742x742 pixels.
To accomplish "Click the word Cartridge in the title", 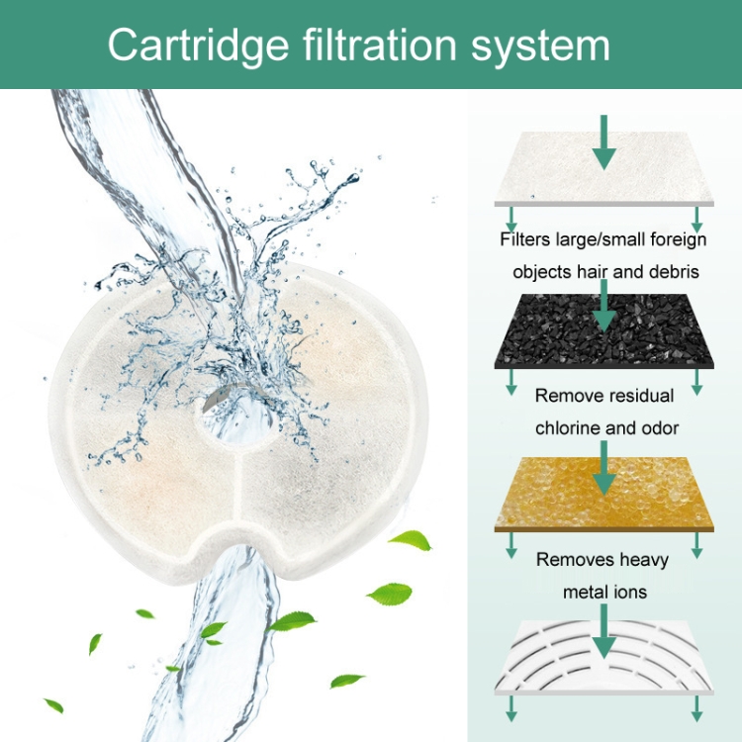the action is point(198,46).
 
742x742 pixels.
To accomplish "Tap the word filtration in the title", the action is point(380,44).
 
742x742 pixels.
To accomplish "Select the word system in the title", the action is point(540,48).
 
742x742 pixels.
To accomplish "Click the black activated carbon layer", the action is point(603,331).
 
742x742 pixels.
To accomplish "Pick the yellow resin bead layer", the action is point(603,494).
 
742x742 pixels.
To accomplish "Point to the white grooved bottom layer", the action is point(603,658).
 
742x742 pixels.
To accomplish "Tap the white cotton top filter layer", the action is point(603,169).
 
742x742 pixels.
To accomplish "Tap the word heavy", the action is point(644,560).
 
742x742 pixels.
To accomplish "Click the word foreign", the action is point(679,240).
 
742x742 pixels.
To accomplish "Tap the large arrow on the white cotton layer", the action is point(604,142).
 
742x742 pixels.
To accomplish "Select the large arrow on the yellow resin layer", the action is point(604,469).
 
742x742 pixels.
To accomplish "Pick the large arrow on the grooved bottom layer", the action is point(604,632).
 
